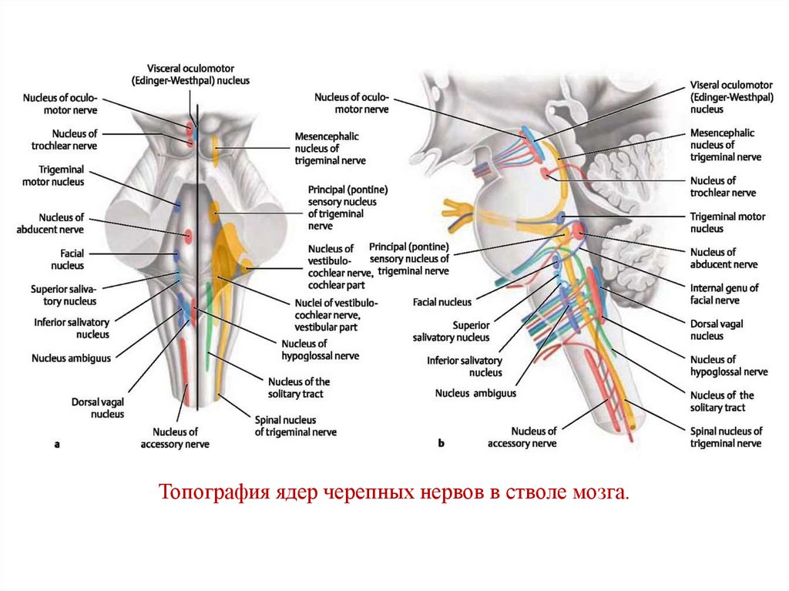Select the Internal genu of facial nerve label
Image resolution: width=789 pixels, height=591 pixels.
pos(724,294)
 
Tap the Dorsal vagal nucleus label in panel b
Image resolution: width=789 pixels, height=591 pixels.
pos(717,330)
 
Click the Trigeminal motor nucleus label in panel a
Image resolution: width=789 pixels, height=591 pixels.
pos(61,176)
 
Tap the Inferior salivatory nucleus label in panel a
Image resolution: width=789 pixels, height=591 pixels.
pos(71,328)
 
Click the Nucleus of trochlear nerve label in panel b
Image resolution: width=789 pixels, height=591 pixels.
pos(724,186)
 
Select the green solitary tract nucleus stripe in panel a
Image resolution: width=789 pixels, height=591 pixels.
pos(208,339)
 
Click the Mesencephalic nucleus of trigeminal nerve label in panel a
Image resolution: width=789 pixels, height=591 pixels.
pos(329,148)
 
